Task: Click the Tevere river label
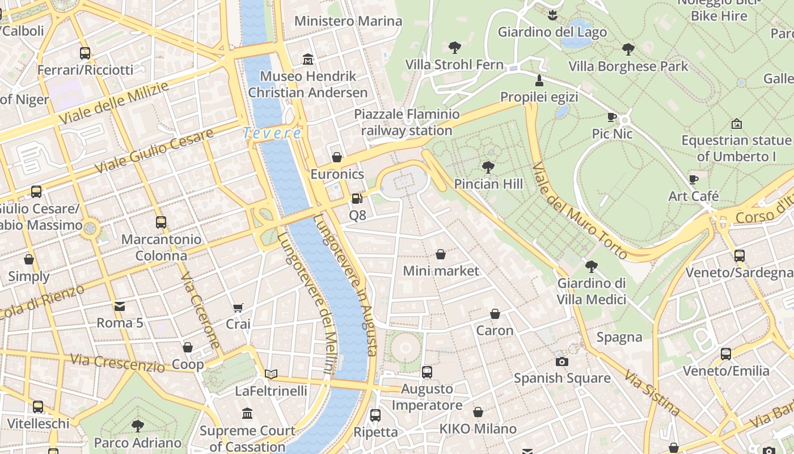click(272, 133)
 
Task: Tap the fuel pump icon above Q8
click(357, 199)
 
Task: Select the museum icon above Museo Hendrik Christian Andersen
click(308, 59)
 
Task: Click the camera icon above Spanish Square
click(562, 361)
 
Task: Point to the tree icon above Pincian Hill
click(488, 167)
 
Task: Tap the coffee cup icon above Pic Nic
click(612, 117)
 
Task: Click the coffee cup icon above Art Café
click(694, 180)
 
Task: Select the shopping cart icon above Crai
click(238, 308)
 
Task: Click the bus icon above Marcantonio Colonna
click(161, 222)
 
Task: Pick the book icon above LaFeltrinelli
click(271, 374)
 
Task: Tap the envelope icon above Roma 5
click(120, 306)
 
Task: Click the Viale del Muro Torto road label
click(580, 211)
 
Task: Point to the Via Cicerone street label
click(200, 310)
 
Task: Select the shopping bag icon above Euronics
click(337, 157)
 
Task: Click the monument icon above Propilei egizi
click(539, 81)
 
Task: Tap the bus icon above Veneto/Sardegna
click(740, 256)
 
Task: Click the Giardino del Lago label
click(552, 32)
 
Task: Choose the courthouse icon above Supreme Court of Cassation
click(247, 414)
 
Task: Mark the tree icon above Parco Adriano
click(137, 426)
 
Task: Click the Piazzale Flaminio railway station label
click(407, 123)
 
